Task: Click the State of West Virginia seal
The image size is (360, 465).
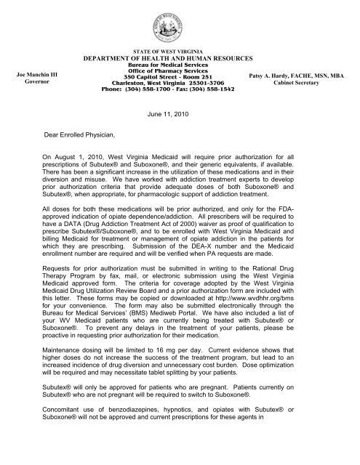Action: point(180,23)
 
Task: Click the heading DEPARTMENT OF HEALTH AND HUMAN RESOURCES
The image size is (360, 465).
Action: point(180,58)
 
